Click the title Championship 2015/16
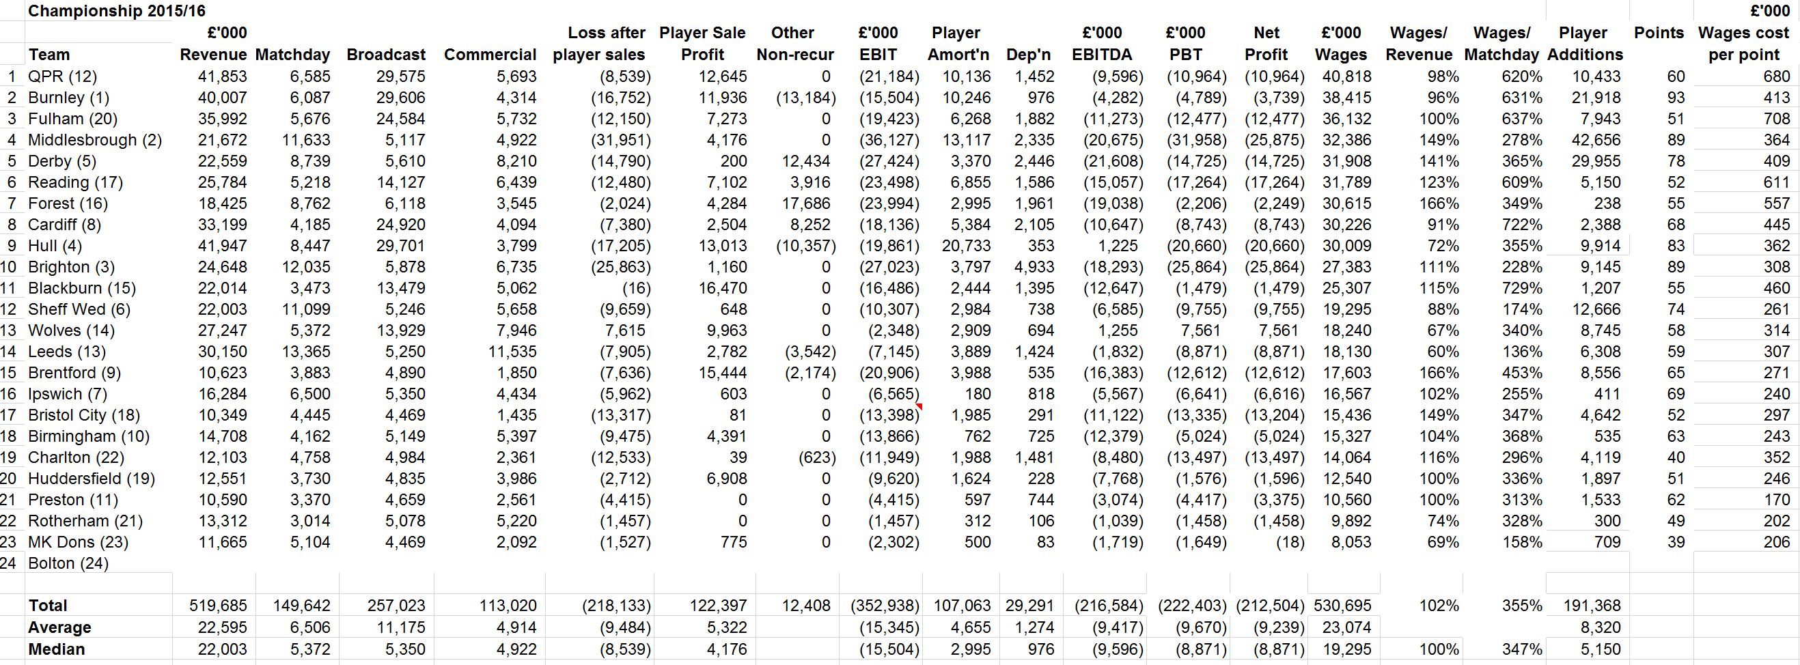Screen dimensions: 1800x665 coord(117,10)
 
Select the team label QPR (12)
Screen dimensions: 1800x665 coord(63,76)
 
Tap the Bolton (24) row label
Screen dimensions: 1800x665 coord(68,563)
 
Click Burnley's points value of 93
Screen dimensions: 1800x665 coord(1676,98)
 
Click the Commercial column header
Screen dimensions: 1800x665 coord(490,55)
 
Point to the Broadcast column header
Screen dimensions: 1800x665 coord(386,55)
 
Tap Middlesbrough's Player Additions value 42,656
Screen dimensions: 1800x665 coord(1596,140)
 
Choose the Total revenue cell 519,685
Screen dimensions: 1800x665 coord(218,606)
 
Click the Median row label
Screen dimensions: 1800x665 coord(57,649)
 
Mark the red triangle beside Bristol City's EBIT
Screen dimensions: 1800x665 coord(919,406)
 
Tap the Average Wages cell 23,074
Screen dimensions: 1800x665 coord(1347,627)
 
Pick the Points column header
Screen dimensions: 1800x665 coord(1659,33)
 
